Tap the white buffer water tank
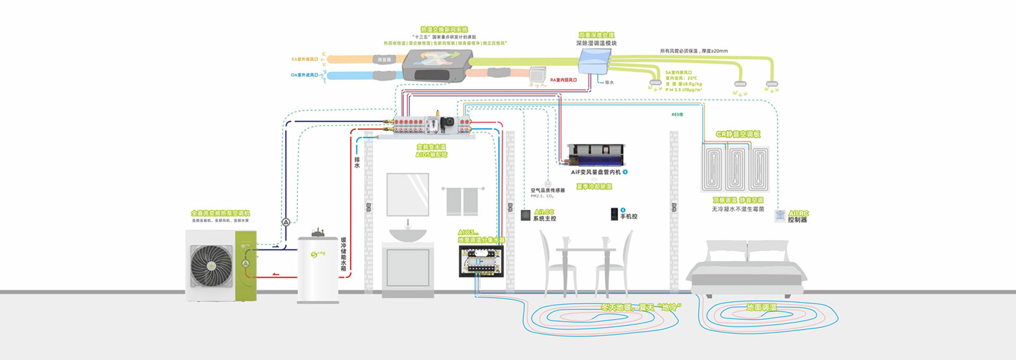[x=318, y=270]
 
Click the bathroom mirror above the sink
[x=407, y=194]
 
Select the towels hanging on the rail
[x=463, y=201]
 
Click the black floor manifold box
[x=481, y=260]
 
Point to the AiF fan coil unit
[x=596, y=155]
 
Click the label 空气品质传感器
[x=548, y=190]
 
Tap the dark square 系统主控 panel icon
[x=525, y=215]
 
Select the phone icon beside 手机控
[x=614, y=214]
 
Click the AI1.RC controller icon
[x=780, y=215]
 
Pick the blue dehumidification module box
[x=594, y=61]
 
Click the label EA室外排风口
[x=305, y=59]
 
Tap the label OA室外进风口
[x=304, y=75]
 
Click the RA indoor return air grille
[x=538, y=74]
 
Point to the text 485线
[x=677, y=114]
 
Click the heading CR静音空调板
[x=738, y=134]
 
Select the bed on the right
[x=746, y=267]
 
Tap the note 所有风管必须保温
[x=693, y=51]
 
